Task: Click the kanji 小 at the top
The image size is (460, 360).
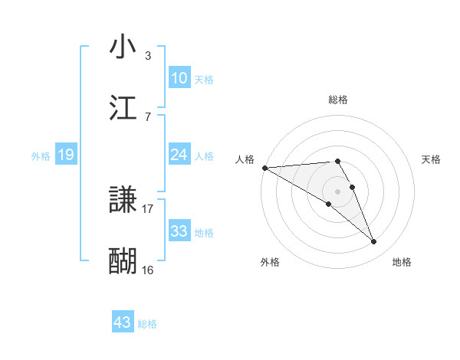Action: [x=123, y=47]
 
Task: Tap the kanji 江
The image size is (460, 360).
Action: [x=123, y=108]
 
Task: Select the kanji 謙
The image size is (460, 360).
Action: [x=123, y=201]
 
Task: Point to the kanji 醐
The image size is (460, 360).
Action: [x=123, y=261]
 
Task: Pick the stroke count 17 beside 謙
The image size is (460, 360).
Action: [x=148, y=208]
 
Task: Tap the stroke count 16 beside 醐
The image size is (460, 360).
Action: [x=148, y=270]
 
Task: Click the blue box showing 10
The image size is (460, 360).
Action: [x=179, y=78]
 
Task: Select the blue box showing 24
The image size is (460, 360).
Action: [x=179, y=155]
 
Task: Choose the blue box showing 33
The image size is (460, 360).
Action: [x=179, y=231]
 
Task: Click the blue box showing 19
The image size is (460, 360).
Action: [x=66, y=155]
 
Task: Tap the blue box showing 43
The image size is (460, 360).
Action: [x=123, y=322]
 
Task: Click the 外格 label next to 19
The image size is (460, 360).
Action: [x=41, y=155]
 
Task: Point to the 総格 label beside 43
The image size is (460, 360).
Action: [x=148, y=324]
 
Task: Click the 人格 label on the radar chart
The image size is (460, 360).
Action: [x=245, y=159]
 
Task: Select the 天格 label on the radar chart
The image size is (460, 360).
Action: [x=431, y=159]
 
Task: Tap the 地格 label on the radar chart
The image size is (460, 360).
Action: [x=402, y=262]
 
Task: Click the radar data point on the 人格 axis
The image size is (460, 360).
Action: [x=264, y=168]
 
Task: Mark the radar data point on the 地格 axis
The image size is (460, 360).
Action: [x=374, y=242]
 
